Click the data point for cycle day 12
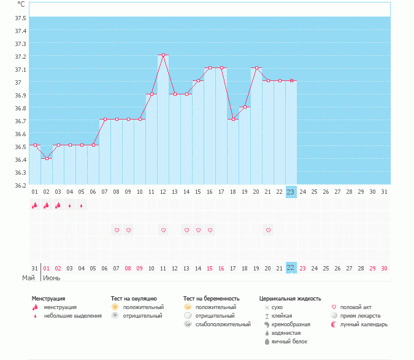pos(163,55)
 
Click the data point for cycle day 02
pos(47,158)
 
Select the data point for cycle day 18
pos(233,120)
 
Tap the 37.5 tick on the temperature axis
pos(21,30)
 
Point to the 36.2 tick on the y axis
pos(21,185)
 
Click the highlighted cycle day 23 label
pos(291,192)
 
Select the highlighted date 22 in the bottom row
pos(291,268)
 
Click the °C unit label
pos(21,4)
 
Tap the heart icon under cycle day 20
pos(268,230)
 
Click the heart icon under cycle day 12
pos(163,230)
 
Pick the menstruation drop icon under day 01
pos(35,205)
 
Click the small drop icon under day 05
pos(82,205)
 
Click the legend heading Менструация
pos(48,299)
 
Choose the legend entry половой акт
pos(356,307)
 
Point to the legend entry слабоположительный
pos(223,324)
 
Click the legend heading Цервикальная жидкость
pos(290,299)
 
